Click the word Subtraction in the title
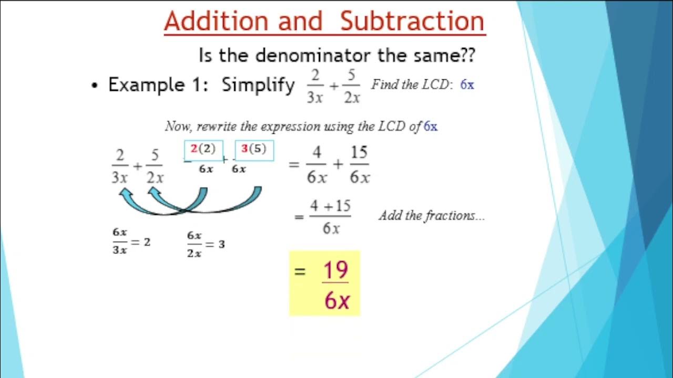(x=412, y=22)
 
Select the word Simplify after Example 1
(x=258, y=85)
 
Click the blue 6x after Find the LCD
(x=467, y=85)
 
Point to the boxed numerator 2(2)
(x=203, y=150)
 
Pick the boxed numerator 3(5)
(x=254, y=150)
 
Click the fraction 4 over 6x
(x=317, y=165)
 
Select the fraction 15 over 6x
(x=359, y=165)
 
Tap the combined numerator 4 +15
(x=330, y=206)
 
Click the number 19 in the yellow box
(x=335, y=271)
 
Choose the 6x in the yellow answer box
(x=337, y=301)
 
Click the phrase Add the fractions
(x=431, y=215)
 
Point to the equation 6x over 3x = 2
(x=131, y=241)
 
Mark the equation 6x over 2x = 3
(x=206, y=244)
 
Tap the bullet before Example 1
(x=95, y=86)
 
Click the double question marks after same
(x=467, y=55)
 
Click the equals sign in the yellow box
(x=300, y=271)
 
